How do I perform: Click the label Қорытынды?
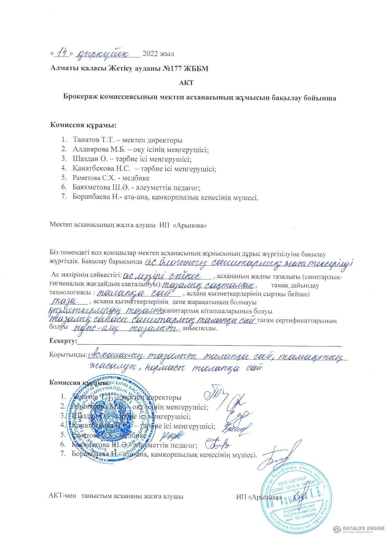(68, 354)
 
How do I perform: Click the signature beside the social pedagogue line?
(218, 444)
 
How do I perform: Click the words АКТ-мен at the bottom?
(61, 496)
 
